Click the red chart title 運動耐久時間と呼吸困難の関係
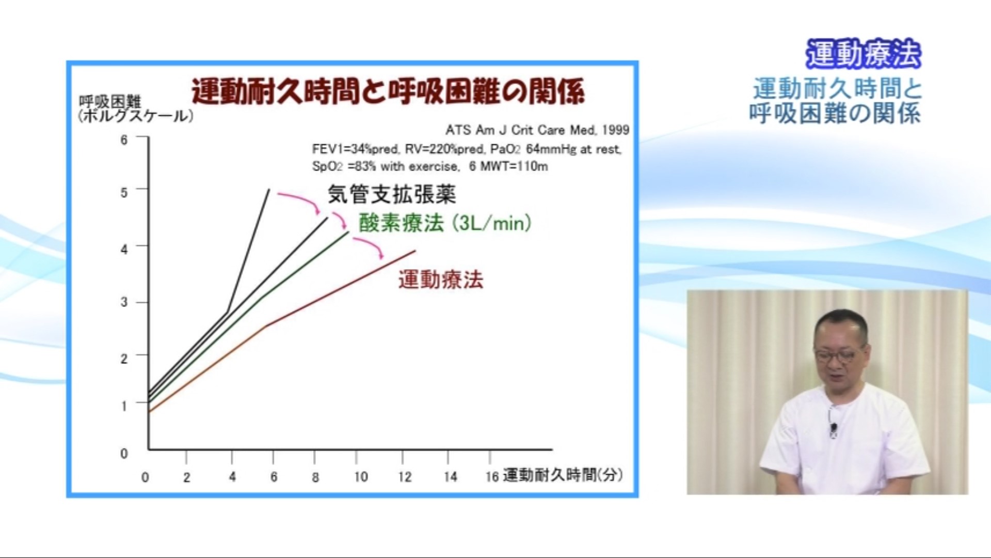388,91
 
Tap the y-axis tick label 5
124,193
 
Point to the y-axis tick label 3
124,302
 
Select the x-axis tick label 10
361,477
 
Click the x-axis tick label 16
492,477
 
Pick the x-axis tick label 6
274,477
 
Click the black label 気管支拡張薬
392,195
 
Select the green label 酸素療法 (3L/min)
445,223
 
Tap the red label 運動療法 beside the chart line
441,280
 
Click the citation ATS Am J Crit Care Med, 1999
537,130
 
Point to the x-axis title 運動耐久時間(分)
563,475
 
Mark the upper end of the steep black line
269,190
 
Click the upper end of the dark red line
415,251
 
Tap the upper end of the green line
349,233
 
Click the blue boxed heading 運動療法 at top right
864,54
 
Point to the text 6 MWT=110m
508,166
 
